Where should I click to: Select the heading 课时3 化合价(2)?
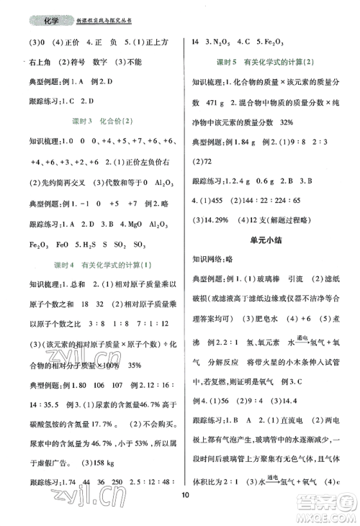96,118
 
